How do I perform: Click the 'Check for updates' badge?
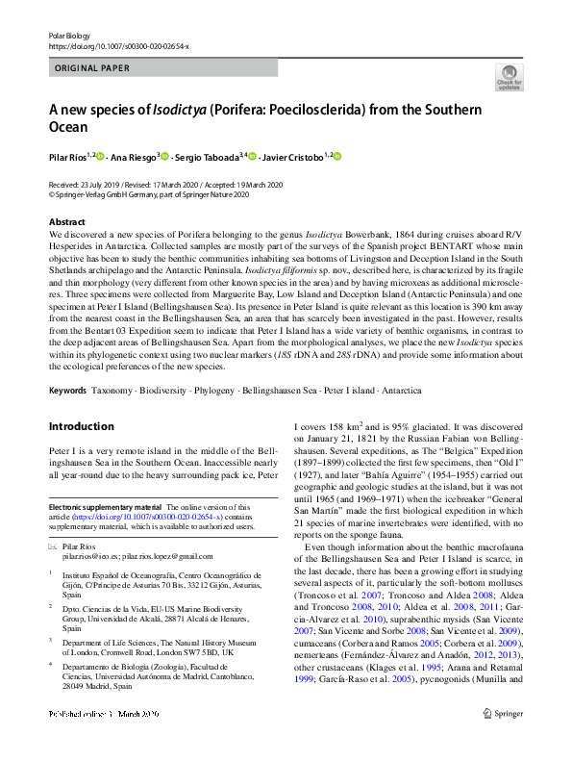point(509,76)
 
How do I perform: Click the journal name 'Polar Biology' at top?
point(65,35)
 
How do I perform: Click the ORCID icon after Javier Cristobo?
point(337,156)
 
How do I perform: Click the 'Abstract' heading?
point(66,222)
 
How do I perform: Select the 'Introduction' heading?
point(81,426)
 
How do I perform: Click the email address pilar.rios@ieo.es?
point(92,556)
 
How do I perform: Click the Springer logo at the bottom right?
point(502,740)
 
